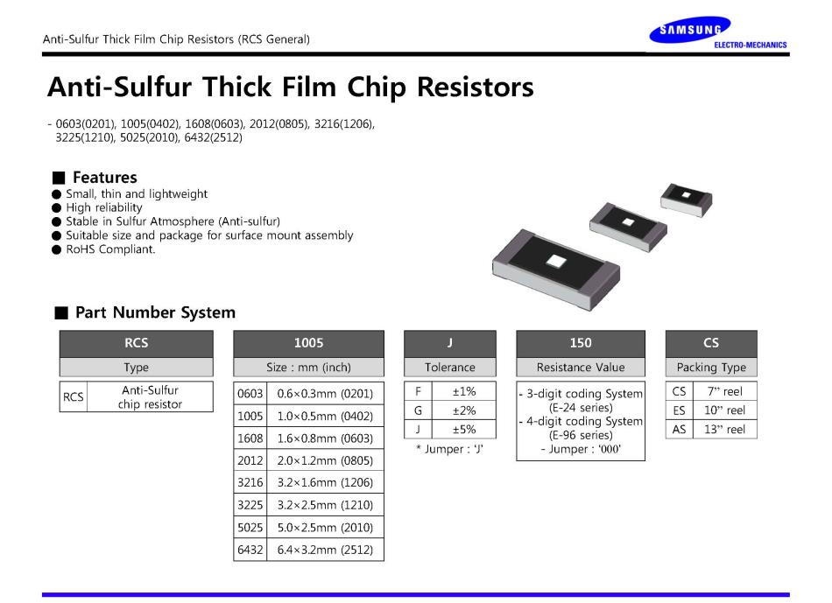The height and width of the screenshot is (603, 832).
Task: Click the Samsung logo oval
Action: (690, 30)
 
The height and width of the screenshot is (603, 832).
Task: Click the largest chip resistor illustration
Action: (556, 268)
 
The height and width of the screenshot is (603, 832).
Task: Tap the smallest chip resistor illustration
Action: (686, 200)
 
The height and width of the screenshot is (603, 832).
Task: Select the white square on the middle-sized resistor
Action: (628, 221)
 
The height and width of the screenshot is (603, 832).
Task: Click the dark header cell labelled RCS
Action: (137, 343)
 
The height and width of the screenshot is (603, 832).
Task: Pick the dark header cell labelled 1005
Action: (309, 343)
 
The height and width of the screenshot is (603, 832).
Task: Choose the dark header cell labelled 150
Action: (581, 343)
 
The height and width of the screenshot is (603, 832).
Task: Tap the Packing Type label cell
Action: (711, 367)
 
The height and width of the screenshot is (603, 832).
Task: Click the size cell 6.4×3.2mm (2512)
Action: (325, 550)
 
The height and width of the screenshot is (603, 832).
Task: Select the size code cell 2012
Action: (250, 460)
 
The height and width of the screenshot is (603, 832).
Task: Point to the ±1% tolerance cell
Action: (464, 391)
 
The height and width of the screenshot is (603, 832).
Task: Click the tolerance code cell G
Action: (418, 410)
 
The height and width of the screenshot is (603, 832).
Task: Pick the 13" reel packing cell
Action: (725, 430)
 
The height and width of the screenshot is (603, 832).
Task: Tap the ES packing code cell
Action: (680, 410)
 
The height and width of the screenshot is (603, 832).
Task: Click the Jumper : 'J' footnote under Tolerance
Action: (450, 449)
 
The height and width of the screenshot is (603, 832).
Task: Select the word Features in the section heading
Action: (105, 177)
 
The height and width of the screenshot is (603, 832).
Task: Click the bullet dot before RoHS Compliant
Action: (57, 249)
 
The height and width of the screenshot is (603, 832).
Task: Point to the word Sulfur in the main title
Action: (152, 87)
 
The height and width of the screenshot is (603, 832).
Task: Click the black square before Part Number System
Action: (61, 313)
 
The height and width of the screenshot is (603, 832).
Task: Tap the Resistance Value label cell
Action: (581, 367)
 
